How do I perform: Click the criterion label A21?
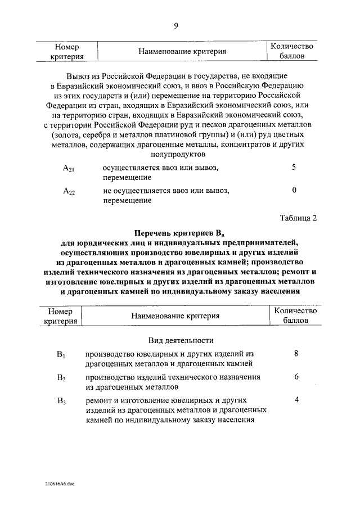(x=69, y=169)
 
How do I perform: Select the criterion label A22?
(x=69, y=192)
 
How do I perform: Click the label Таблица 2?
(x=298, y=218)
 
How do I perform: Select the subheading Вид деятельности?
(x=181, y=340)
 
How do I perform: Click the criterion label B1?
(x=61, y=355)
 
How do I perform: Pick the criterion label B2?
(x=61, y=378)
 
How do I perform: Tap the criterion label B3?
(x=61, y=401)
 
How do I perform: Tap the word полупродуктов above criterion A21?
(x=179, y=154)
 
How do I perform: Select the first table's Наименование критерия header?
(x=179, y=51)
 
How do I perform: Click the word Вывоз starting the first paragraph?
(x=77, y=75)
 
